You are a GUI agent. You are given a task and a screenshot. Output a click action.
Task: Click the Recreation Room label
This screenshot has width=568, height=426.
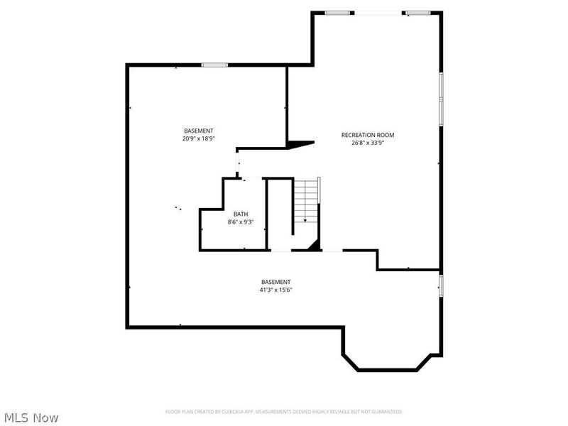(x=367, y=135)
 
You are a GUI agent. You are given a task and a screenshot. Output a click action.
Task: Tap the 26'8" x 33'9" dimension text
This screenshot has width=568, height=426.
(x=367, y=143)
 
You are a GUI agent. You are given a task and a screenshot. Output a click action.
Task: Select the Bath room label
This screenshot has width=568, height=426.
(x=241, y=214)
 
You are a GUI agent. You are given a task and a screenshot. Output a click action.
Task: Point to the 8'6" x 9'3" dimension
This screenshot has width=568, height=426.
(x=241, y=222)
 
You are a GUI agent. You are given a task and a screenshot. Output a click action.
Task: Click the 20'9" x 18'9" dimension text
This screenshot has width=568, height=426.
(x=198, y=138)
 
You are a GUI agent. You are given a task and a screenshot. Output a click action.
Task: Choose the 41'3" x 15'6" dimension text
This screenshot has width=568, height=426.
(x=275, y=290)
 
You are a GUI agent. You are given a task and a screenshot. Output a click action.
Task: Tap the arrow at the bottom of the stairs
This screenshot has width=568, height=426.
(x=305, y=220)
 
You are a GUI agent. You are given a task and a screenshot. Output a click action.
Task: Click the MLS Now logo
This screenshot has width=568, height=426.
(x=31, y=417)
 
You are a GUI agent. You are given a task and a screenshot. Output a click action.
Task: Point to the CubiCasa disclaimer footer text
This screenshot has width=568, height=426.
(x=284, y=412)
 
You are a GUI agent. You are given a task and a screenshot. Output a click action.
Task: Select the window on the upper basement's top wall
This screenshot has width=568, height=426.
(x=214, y=65)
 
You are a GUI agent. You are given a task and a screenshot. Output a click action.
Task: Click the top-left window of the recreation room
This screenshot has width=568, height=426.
(x=339, y=12)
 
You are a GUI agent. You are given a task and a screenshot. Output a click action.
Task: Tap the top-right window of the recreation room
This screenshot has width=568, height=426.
(x=418, y=12)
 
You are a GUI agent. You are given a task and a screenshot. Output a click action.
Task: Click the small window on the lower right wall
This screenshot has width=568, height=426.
(x=441, y=285)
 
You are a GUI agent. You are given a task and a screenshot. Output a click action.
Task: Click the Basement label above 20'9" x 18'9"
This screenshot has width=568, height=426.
(x=198, y=131)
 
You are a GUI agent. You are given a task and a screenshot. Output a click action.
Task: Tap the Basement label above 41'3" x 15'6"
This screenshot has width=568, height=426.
(x=275, y=282)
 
